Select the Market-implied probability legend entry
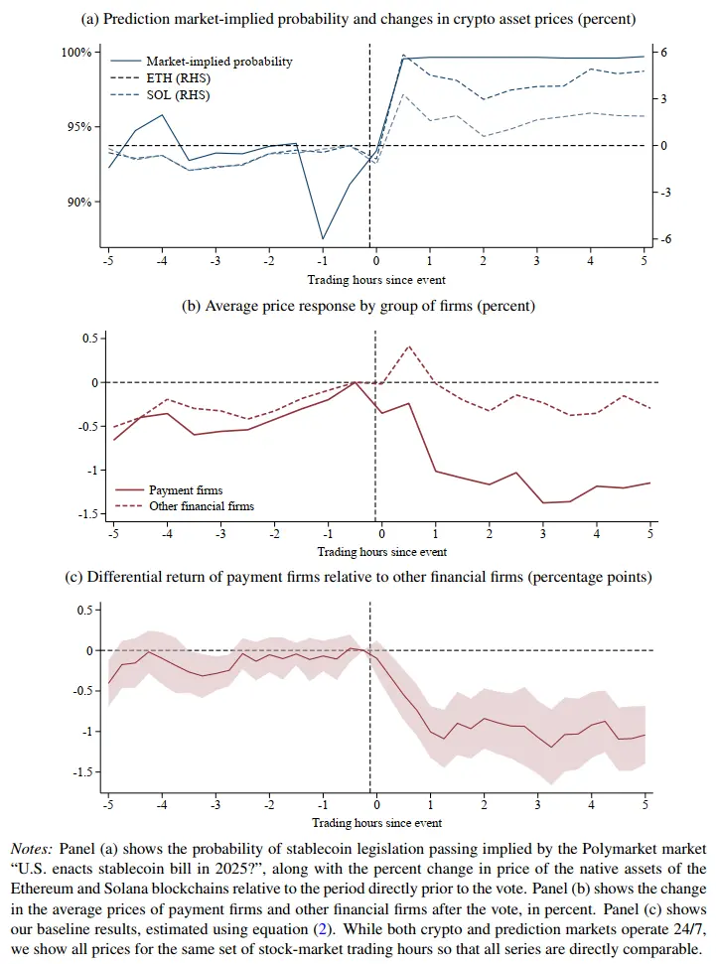218,62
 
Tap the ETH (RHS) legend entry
178,78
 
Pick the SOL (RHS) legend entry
178,95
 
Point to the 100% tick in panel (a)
76,52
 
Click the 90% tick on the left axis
78,202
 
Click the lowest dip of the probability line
323,239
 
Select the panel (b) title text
358,306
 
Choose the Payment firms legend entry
185,489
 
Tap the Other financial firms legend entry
201,506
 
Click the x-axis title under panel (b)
381,552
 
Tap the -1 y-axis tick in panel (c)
87,731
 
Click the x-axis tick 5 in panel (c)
646,804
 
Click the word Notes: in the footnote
33,850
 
